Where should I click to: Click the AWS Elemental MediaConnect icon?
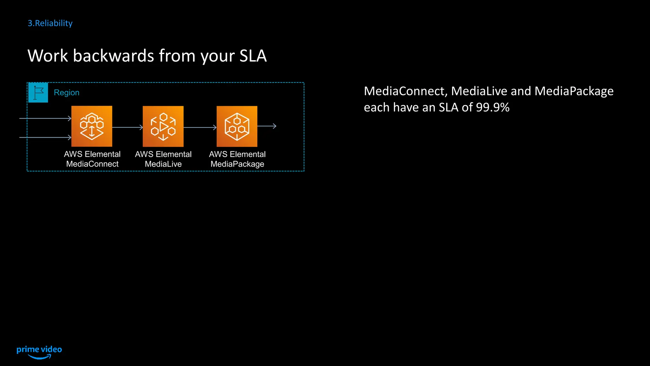click(x=92, y=126)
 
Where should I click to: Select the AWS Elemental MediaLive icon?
click(x=163, y=126)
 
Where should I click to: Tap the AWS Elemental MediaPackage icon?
click(x=237, y=126)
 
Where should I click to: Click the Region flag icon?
click(x=38, y=92)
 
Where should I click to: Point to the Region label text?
click(x=67, y=92)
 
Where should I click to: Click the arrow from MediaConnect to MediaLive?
click(x=127, y=127)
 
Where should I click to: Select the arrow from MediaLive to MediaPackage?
click(x=200, y=127)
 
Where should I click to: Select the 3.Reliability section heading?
click(x=50, y=23)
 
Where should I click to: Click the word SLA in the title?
click(x=253, y=56)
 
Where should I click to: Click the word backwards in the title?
click(x=114, y=56)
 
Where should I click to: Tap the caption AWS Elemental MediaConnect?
click(x=92, y=159)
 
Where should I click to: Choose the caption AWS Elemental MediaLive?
click(x=163, y=159)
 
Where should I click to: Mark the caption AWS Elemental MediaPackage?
click(x=237, y=159)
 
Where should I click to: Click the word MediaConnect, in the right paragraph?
click(x=405, y=91)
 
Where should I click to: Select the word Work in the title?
click(x=48, y=56)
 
